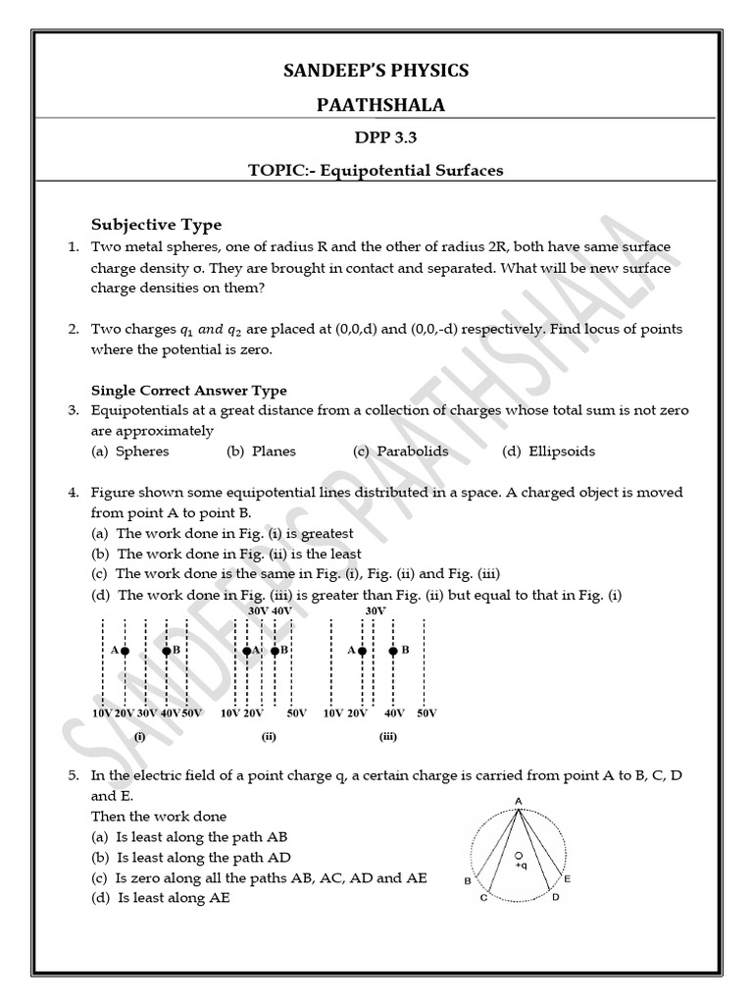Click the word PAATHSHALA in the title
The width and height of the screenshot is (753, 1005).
coord(376,105)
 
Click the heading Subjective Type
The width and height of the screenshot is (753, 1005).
coord(157,225)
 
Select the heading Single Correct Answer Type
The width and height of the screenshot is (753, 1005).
coord(189,390)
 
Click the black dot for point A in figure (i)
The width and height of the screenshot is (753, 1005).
coord(125,651)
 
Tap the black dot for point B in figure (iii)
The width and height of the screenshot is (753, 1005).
coord(393,651)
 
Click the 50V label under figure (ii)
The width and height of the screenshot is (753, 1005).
coord(297,713)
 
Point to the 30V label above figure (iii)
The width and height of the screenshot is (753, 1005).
coord(375,610)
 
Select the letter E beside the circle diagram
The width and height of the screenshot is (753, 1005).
coord(568,879)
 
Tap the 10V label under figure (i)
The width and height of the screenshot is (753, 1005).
coord(101,713)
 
